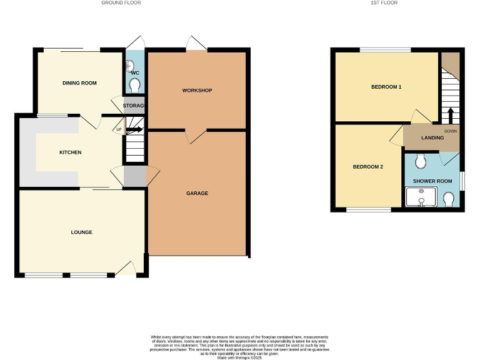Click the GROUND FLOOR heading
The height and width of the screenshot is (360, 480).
pyautogui.click(x=121, y=2)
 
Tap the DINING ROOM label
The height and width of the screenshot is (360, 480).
pyautogui.click(x=79, y=82)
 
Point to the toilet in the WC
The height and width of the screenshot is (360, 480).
pyautogui.click(x=135, y=84)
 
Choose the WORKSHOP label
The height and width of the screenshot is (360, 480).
pyautogui.click(x=197, y=91)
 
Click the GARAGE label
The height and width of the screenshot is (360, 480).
pyautogui.click(x=197, y=193)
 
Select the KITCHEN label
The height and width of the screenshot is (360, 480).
pyautogui.click(x=70, y=152)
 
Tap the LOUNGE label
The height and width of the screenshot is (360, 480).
pyautogui.click(x=81, y=232)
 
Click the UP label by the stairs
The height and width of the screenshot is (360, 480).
pyautogui.click(x=119, y=130)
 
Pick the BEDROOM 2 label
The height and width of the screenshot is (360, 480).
pyautogui.click(x=367, y=167)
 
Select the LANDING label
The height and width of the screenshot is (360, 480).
pyautogui.click(x=432, y=137)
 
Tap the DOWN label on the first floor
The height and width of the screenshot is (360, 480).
pyautogui.click(x=450, y=131)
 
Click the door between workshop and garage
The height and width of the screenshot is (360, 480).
pyautogui.click(x=197, y=136)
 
